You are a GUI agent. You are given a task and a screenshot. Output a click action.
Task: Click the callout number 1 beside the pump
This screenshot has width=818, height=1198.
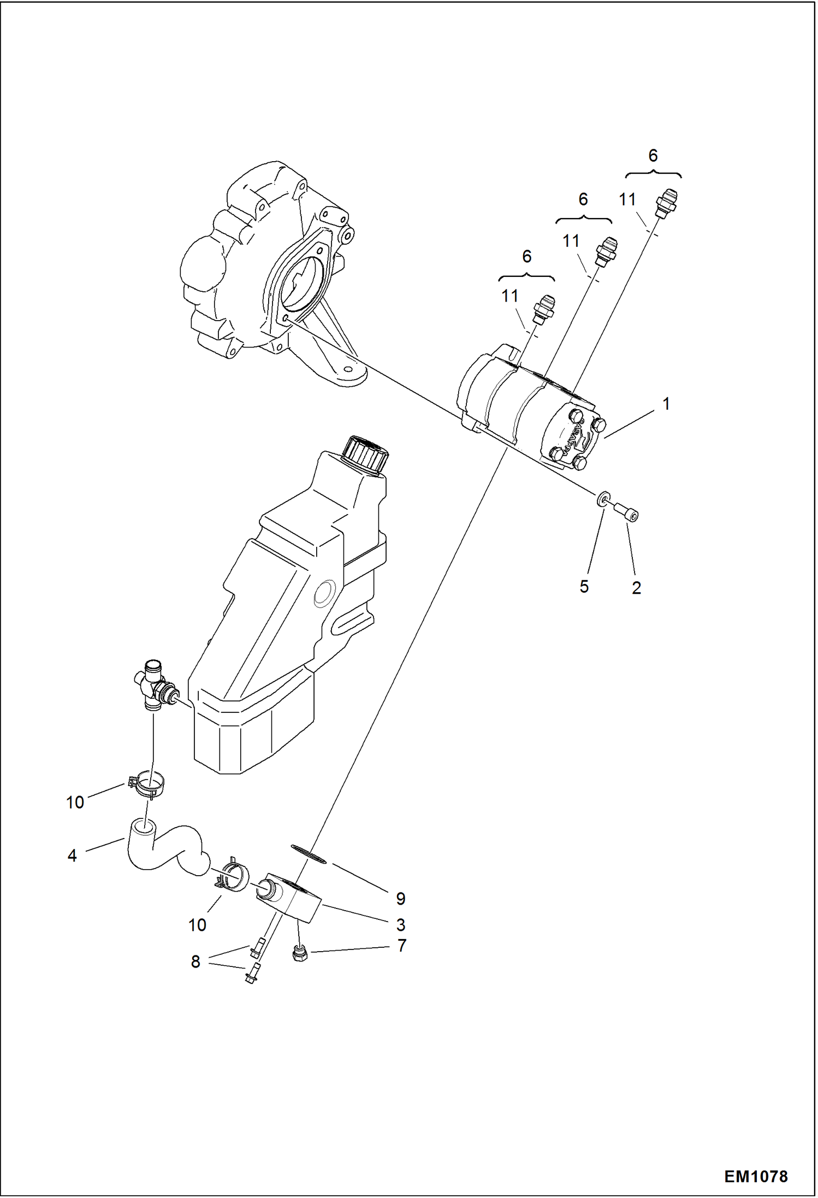point(666,404)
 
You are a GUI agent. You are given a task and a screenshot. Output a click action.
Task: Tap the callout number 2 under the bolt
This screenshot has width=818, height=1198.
point(636,588)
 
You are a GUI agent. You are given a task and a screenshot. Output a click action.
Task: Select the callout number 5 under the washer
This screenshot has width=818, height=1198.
point(584,587)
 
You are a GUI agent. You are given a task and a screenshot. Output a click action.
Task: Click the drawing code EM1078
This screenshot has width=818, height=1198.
point(756,1176)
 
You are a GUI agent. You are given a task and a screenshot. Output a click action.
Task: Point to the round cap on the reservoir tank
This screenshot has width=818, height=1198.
point(365,453)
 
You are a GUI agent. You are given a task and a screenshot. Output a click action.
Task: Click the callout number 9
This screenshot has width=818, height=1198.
point(401,898)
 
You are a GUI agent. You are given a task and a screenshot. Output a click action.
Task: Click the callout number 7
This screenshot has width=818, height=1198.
point(402,946)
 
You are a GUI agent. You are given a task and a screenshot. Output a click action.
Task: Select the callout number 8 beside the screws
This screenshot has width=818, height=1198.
point(195,961)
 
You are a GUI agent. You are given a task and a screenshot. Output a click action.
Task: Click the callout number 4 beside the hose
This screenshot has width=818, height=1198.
point(72,856)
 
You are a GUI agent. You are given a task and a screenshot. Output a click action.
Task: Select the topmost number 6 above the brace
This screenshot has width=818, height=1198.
point(653,156)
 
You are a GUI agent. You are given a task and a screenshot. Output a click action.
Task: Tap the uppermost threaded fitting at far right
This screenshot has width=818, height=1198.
point(667,202)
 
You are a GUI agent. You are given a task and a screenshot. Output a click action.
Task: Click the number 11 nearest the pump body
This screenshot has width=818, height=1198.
point(509,296)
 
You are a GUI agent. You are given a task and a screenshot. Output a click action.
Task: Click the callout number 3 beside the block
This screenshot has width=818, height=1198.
point(401,925)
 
